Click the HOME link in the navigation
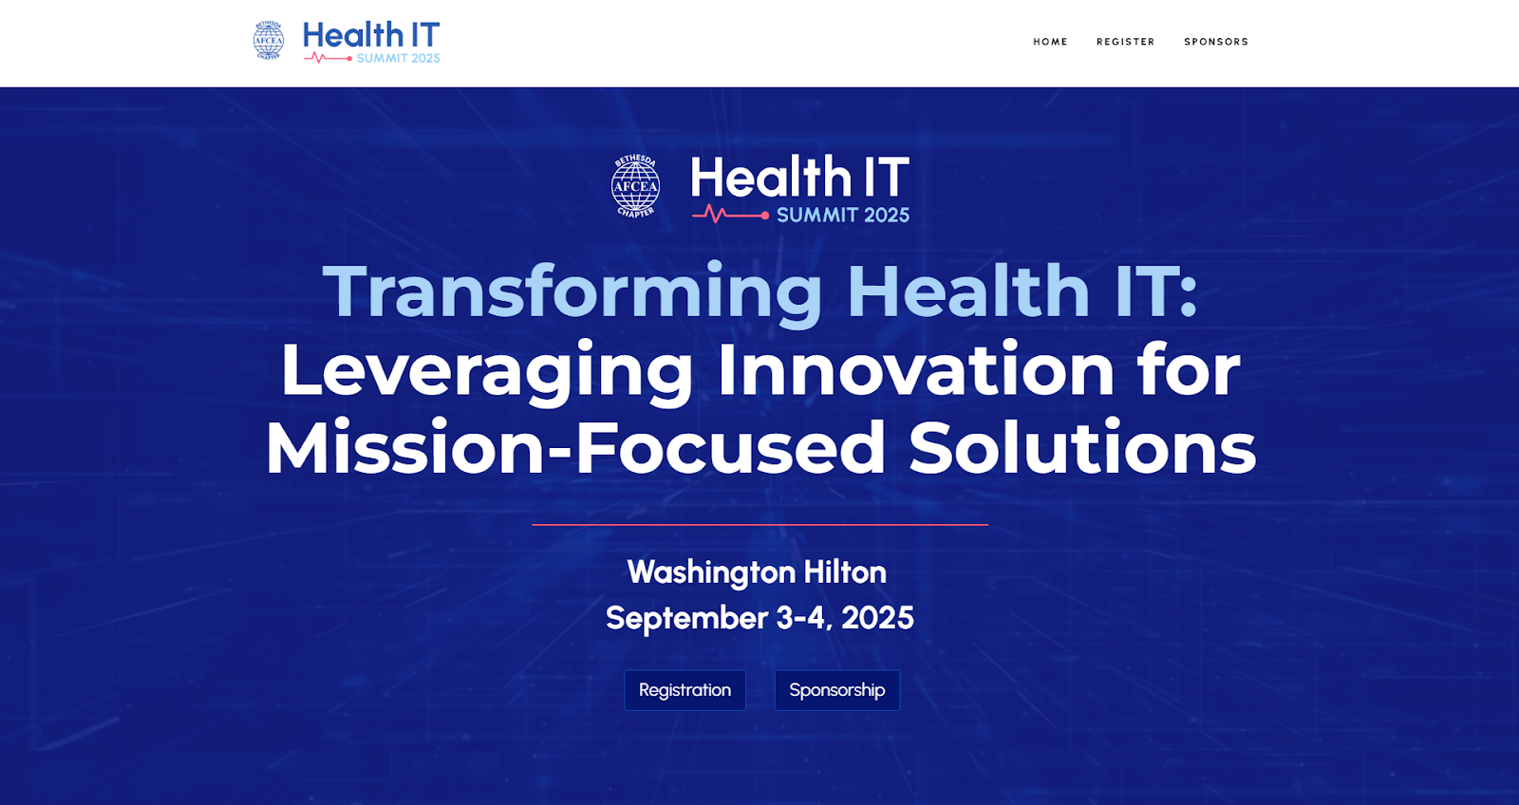[x=1050, y=42]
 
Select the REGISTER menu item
[x=1126, y=42]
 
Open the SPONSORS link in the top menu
[x=1216, y=42]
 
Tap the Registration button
[x=684, y=690]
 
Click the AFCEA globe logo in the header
[x=269, y=41]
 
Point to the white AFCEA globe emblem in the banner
[x=635, y=186]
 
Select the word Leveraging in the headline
[x=486, y=371]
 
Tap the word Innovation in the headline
[x=916, y=370]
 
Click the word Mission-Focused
[x=575, y=448]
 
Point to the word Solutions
[x=1082, y=448]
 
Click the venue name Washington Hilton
[x=757, y=572]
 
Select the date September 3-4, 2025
[x=759, y=618]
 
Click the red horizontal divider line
[x=759, y=524]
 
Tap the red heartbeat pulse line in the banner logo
[x=730, y=215]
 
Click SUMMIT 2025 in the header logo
[x=398, y=58]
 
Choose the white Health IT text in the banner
[x=800, y=176]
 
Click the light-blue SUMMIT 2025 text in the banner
[x=843, y=215]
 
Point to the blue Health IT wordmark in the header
[x=371, y=35]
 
